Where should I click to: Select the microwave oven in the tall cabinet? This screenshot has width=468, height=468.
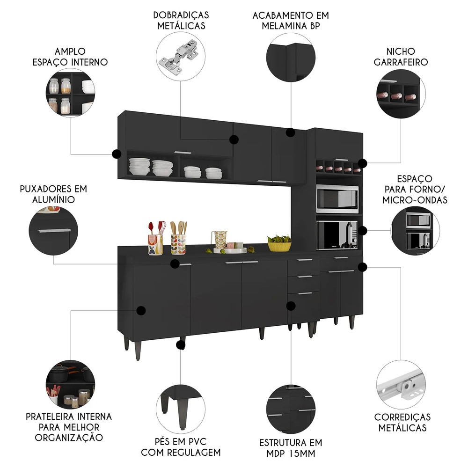coord(337,199)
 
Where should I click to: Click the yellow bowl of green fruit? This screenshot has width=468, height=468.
coord(279,244)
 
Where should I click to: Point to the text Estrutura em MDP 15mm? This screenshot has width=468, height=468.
coord(291,447)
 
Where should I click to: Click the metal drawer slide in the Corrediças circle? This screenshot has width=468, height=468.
coord(401,384)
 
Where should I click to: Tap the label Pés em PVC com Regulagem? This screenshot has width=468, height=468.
coord(181,447)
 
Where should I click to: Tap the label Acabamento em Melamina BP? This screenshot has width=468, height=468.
coord(291,20)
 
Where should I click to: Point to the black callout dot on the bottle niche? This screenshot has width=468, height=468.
coord(363,162)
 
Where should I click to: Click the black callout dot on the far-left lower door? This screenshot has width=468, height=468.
coord(141,310)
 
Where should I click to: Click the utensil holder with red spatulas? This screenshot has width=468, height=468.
coord(155,240)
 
